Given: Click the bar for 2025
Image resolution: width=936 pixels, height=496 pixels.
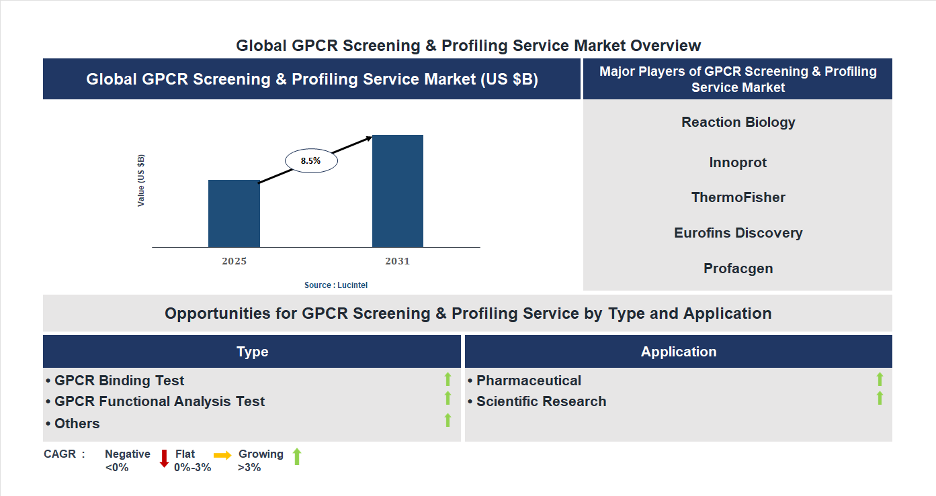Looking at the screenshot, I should point(234,213).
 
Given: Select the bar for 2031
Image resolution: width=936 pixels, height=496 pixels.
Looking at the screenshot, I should point(398,191).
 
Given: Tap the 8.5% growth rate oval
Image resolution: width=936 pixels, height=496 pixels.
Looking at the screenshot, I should point(311,161).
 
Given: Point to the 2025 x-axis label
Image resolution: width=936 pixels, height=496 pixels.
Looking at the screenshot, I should point(234,261).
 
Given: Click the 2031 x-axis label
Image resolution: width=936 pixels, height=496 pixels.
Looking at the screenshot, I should point(397,261).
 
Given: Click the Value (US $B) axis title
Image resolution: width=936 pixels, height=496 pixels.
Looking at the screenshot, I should point(141,181).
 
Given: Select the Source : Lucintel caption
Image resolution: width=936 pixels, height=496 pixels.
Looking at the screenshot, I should point(336,285).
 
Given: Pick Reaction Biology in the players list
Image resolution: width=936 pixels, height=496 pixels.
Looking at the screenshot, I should point(738,122).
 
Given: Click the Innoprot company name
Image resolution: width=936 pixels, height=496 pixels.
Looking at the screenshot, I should point(738,162).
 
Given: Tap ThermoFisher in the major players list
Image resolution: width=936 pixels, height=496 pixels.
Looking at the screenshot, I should point(738,197).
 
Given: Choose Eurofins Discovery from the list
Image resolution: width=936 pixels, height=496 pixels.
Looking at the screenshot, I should point(738,233).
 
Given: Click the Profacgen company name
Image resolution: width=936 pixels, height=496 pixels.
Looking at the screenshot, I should point(738,268).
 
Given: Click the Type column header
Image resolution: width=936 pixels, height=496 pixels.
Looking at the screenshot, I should point(252,352).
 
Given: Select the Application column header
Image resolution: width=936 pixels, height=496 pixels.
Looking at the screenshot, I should point(678,352).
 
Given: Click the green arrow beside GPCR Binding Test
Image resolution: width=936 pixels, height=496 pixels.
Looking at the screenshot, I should point(448,380).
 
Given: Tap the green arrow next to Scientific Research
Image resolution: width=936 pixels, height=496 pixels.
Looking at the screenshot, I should point(879,399).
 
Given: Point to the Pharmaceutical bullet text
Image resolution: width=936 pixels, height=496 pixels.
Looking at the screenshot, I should point(528,381).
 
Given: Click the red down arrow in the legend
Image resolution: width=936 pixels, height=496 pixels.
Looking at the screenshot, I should point(164,458).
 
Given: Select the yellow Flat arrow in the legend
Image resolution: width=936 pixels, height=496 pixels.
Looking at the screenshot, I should point(222,455).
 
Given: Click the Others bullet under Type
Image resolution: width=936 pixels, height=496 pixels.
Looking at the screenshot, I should point(77,424).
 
